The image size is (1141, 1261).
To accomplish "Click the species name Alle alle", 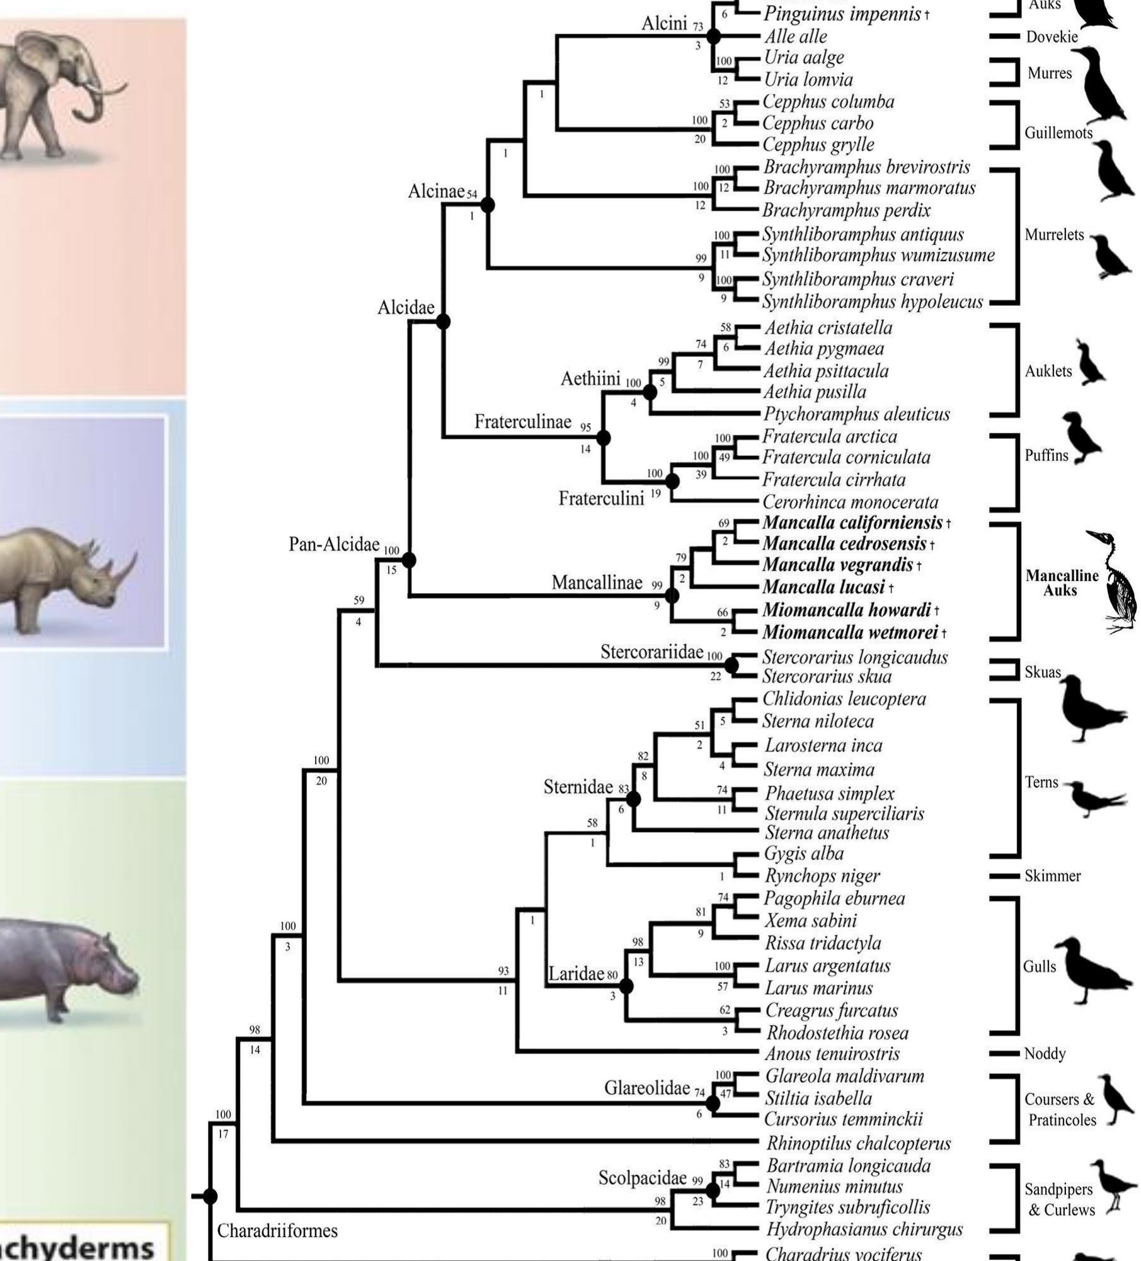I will pos(796,37).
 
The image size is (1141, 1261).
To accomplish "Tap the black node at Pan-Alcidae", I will pos(409,560).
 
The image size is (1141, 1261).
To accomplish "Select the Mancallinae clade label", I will pos(597,583).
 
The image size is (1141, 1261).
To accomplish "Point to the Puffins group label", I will pos(1046,456).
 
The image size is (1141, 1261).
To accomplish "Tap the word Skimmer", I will pos(1053,876).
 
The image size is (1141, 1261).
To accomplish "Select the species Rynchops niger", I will pos(822,876).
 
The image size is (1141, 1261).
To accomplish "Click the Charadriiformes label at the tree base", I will pos(277,1230).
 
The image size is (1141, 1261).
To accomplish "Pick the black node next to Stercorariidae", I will pos(731,665).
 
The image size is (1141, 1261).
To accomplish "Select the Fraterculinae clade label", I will pos(522,422).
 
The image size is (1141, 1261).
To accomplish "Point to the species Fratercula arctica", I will pos(830,436).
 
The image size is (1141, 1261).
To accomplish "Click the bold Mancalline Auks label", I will pos(1062,583).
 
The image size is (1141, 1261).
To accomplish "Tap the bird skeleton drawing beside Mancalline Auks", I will pos(1118,582).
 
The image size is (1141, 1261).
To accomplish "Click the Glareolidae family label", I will pos(647,1088).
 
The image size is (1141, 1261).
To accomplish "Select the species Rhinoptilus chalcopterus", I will pos(859,1143).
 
